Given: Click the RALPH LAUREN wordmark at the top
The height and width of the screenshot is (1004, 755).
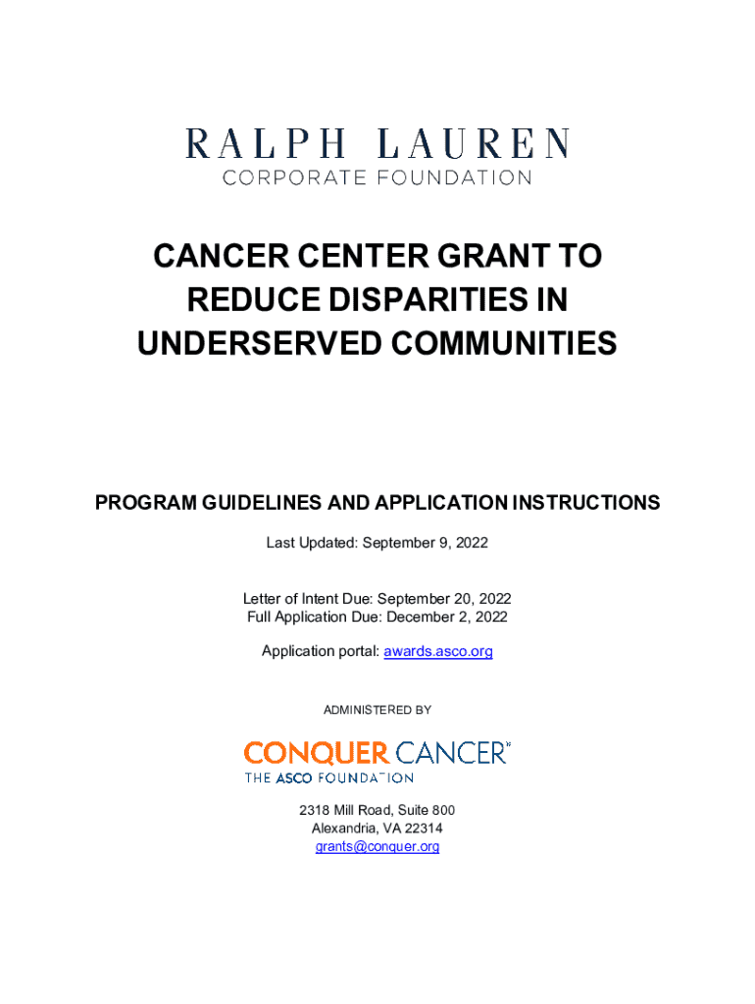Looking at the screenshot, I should tap(377, 144).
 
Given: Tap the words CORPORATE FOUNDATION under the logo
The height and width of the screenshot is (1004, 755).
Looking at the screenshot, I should tap(377, 178).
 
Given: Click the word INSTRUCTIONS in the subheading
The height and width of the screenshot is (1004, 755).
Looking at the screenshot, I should tap(584, 503).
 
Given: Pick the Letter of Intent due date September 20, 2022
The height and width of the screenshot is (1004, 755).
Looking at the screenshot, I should tap(444, 599).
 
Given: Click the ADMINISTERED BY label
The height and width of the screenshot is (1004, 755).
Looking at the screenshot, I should tap(377, 709).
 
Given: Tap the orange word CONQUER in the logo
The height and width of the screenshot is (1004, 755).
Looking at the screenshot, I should tap(316, 753).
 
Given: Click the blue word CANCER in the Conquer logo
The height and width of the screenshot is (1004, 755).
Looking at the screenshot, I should tap(451, 753).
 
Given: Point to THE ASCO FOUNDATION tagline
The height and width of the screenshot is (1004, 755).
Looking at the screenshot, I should tap(328, 778).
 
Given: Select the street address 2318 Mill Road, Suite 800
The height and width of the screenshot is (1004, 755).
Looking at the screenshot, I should tap(377, 811).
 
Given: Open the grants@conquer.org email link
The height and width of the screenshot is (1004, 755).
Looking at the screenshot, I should tap(377, 846).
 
